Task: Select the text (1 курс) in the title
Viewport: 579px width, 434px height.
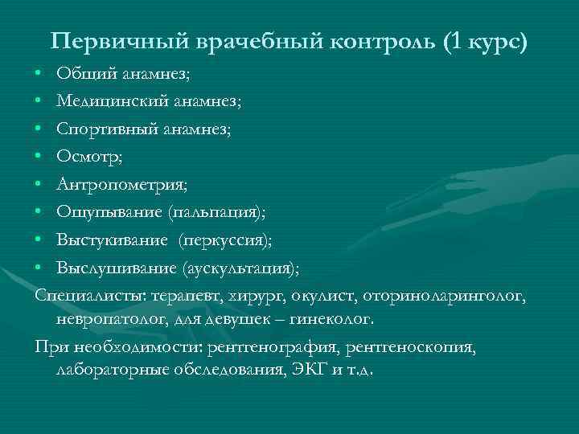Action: (x=485, y=42)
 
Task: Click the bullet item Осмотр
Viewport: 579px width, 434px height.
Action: (x=88, y=157)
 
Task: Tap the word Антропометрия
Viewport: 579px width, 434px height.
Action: (x=120, y=185)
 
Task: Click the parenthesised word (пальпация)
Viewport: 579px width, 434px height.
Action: (x=217, y=212)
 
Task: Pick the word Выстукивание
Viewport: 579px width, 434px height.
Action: (x=112, y=240)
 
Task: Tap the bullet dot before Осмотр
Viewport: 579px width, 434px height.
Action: (x=39, y=157)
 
